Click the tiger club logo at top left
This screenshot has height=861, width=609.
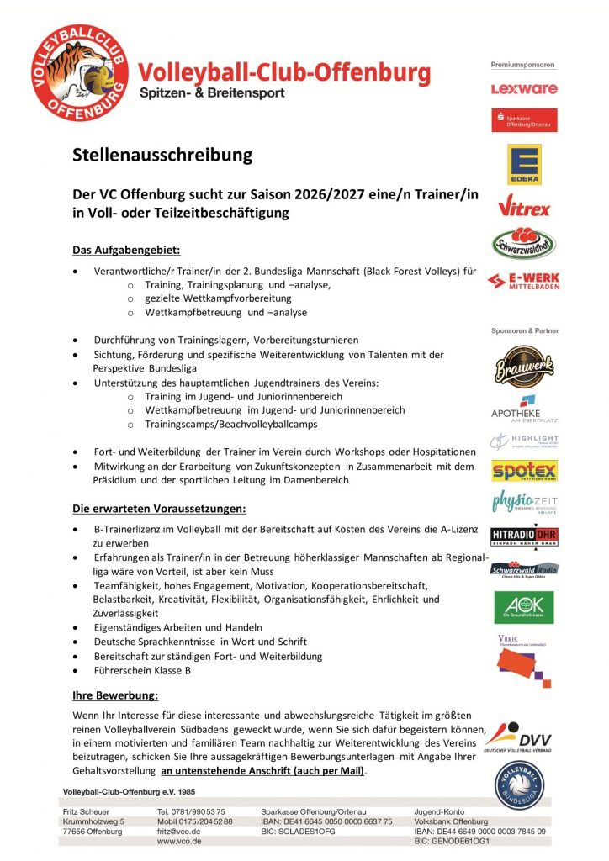[80, 72]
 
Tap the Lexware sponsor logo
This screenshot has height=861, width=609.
[523, 88]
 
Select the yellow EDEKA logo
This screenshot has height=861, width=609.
[523, 164]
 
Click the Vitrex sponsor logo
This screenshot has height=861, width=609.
[523, 205]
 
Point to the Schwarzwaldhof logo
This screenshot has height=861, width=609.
[523, 242]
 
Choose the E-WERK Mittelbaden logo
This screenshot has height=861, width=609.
[523, 281]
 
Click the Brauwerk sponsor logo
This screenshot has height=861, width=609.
[523, 367]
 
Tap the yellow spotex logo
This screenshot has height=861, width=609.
[525, 471]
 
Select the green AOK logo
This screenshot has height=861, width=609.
[523, 607]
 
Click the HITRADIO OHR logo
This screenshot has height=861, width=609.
[525, 536]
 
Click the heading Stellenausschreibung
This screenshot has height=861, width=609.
[162, 155]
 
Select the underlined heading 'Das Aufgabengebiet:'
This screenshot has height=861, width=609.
[126, 250]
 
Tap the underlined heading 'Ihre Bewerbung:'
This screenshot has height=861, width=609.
[115, 695]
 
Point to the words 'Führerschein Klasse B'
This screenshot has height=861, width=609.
[142, 670]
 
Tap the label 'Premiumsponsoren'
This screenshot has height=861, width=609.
[523, 65]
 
